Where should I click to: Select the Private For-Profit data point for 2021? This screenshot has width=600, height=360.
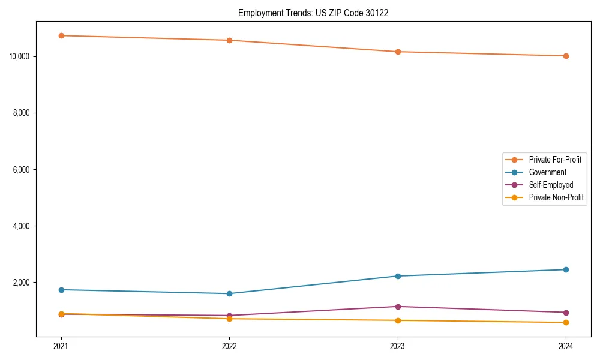click(x=61, y=35)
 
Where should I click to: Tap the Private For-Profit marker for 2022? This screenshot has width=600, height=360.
click(x=229, y=40)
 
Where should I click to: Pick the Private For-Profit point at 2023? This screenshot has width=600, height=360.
click(x=398, y=52)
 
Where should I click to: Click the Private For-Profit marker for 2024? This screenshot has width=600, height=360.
click(x=566, y=56)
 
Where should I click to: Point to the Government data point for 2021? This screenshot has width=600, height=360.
click(x=61, y=290)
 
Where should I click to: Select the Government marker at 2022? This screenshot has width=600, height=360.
click(x=229, y=293)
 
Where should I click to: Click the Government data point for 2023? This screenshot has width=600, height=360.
click(x=398, y=276)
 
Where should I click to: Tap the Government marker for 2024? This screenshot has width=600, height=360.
click(x=566, y=269)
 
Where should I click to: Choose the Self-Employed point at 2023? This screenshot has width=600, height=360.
click(x=398, y=307)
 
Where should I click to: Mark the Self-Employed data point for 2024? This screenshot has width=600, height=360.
click(x=566, y=313)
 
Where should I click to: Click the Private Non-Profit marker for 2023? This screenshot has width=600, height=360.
click(x=398, y=320)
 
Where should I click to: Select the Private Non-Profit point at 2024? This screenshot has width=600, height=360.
click(x=566, y=323)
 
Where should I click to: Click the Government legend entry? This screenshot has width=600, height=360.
click(x=547, y=172)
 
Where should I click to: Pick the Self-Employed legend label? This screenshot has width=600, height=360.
click(x=551, y=185)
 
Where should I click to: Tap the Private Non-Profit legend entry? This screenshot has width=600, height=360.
click(x=556, y=197)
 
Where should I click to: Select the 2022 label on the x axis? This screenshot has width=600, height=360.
click(x=229, y=346)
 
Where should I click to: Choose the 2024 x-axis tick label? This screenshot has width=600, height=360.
click(x=566, y=346)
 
